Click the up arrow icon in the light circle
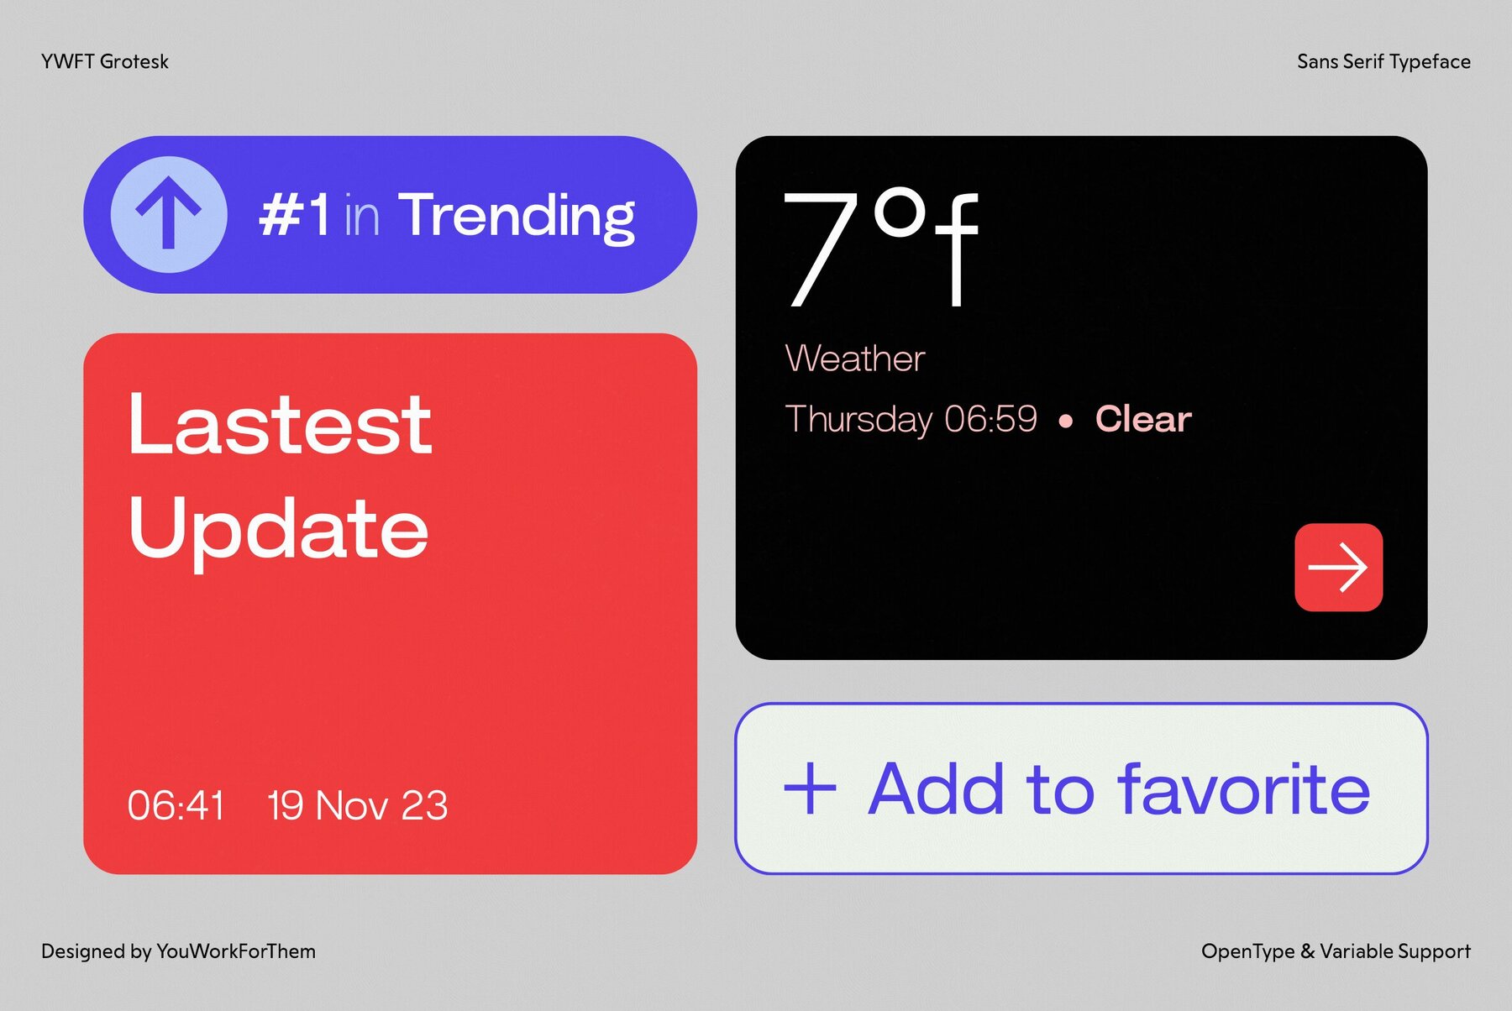tap(169, 215)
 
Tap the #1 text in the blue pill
tap(294, 216)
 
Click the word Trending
tap(516, 217)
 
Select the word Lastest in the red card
tap(280, 425)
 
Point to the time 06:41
tap(176, 805)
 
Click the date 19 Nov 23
tap(358, 805)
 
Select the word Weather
tap(854, 359)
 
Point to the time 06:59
tap(990, 419)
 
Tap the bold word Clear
tap(1142, 419)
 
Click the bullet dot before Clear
tap(1065, 422)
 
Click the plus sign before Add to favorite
tap(810, 789)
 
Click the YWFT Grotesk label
tap(105, 61)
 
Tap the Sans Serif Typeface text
tap(1383, 61)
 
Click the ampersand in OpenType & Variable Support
tap(1307, 951)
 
